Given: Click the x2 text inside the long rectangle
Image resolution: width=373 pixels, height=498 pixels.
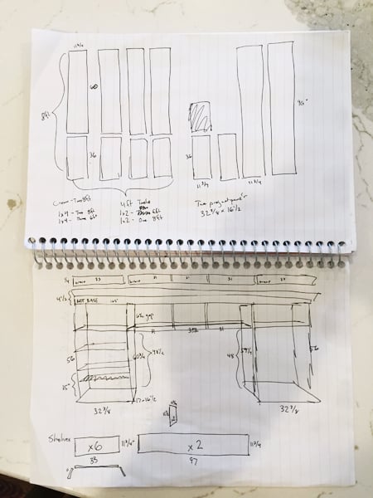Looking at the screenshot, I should (x=196, y=444).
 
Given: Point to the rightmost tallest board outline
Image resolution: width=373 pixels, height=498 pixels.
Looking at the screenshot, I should (x=280, y=109).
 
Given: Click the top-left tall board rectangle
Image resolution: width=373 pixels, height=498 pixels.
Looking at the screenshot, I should (x=77, y=91).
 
